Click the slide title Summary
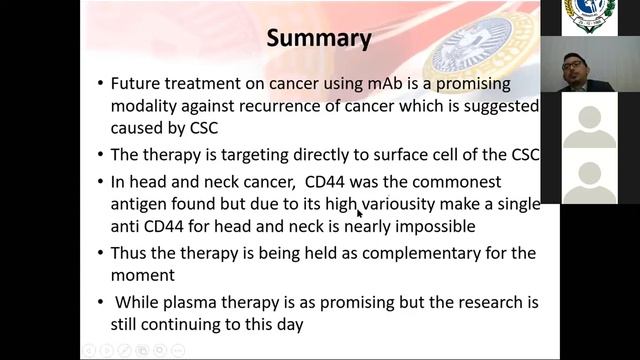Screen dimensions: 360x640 (319, 39)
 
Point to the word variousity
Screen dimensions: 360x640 (403, 204)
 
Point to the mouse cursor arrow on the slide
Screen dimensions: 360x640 (359, 212)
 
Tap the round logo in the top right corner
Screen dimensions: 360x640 (589, 15)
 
